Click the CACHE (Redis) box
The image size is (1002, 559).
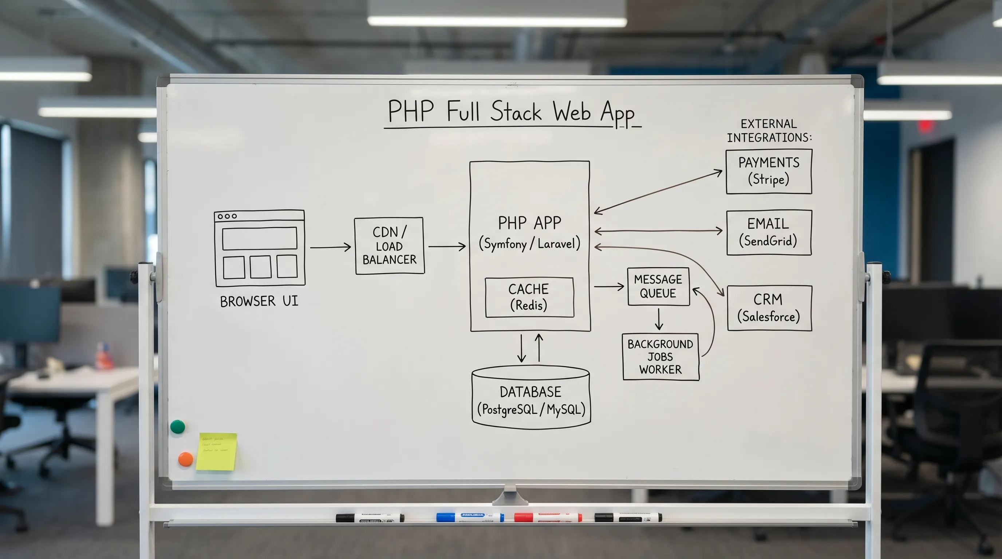pos(529,297)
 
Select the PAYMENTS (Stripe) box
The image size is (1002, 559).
pos(769,171)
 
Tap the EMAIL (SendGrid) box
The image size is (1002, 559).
pos(769,233)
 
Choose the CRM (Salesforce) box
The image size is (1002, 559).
pos(769,308)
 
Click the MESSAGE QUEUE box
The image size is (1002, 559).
pos(658,286)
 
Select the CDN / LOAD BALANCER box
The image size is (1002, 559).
pos(389,246)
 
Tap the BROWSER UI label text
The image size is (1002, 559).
pos(259,301)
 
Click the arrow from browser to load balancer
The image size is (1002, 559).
pos(330,247)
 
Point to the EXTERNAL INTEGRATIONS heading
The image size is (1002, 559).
pos(769,131)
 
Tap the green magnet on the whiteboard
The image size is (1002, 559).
pos(178,427)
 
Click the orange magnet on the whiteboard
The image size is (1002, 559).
pos(186,459)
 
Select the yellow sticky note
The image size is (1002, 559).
pos(217,451)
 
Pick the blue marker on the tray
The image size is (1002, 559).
pos(470,517)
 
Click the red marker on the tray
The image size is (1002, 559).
pos(548,518)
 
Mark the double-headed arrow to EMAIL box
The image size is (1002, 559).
pos(658,231)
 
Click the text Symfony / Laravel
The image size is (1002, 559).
pos(529,244)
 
